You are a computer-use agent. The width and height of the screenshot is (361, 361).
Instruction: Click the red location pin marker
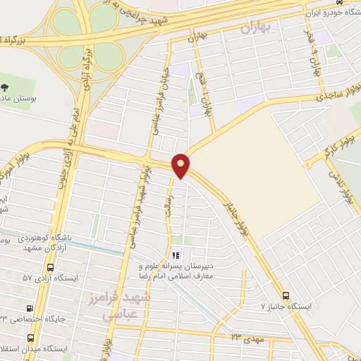coord(182,165)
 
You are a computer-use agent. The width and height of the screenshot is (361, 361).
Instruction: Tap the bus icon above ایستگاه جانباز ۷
coord(286,296)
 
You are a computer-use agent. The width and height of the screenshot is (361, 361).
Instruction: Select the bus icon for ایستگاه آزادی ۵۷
coord(49,268)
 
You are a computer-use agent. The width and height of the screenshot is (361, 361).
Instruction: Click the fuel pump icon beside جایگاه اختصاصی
coord(30,309)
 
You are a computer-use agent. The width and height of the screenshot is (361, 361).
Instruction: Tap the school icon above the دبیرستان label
coord(175,255)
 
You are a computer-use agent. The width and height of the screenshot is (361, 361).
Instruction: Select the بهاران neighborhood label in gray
coord(256,29)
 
